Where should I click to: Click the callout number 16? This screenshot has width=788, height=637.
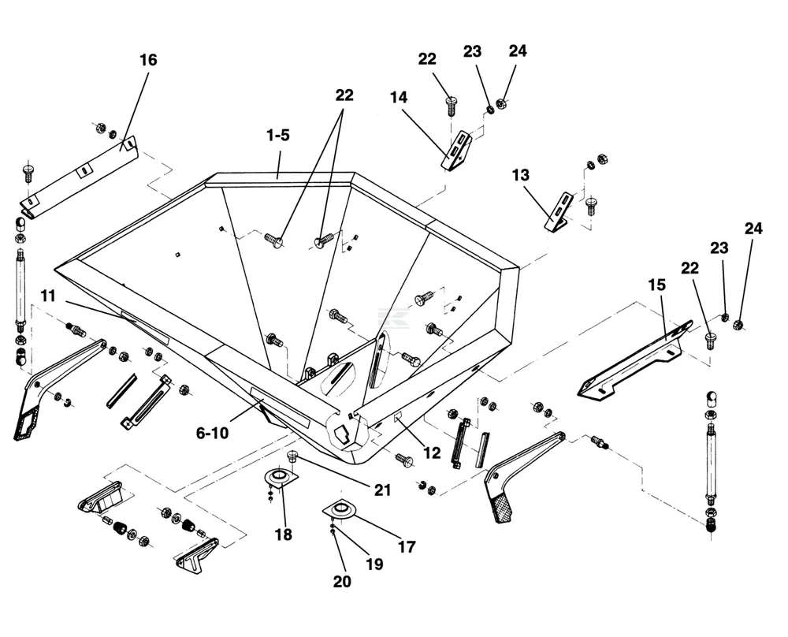pos(148,60)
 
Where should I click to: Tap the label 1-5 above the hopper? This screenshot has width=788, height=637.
pos(278,136)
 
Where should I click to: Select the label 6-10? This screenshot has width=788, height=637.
pos(212,432)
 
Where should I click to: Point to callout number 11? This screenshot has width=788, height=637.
pos(48,296)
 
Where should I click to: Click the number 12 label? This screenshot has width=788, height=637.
pos(432,453)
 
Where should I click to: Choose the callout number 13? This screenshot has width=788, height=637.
pos(520,175)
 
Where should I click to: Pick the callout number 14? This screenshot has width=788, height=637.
pos(399,97)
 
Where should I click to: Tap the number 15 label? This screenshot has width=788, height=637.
pos(656,285)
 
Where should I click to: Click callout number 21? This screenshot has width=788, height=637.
pos(382,490)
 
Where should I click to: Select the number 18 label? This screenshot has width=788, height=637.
pos(284,535)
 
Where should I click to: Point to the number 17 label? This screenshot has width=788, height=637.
pos(407,546)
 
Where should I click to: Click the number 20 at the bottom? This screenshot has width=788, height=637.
pos(342,581)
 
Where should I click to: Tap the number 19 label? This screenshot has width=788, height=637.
pos(374,564)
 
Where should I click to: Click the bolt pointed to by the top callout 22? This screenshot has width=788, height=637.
pos(451,106)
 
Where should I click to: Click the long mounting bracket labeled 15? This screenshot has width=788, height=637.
pos(637,360)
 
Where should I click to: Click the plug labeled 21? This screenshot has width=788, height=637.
pos(292,457)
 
